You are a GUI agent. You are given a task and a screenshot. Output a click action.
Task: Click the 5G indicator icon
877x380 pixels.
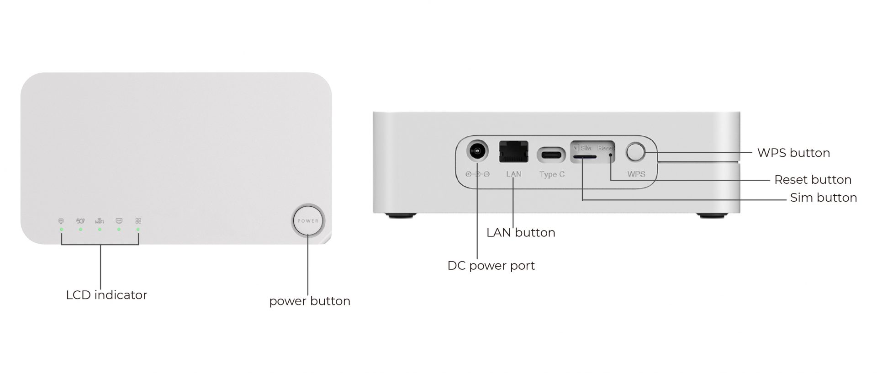pos(80,221)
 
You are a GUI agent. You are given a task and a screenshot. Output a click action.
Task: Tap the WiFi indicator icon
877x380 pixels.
pos(100,221)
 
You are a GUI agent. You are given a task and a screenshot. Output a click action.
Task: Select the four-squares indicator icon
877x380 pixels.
pos(138,221)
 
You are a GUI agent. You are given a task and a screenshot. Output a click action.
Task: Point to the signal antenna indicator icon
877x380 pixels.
pos(61,221)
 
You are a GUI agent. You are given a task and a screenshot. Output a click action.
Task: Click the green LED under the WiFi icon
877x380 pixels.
pos(100,229)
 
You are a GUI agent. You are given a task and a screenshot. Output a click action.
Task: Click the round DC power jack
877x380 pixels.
pos(477,151)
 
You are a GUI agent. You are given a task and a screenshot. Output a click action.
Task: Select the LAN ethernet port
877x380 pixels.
pos(513,152)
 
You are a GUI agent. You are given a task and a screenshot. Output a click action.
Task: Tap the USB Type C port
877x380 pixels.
pos(551,155)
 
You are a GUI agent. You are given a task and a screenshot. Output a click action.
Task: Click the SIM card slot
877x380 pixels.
pos(585,156)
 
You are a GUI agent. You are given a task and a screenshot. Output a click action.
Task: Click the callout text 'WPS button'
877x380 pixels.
pos(793,153)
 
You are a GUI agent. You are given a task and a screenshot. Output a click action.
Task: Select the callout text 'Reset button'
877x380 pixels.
pos(813,180)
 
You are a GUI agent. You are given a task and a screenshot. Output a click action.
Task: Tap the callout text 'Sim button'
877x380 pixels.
pos(823,198)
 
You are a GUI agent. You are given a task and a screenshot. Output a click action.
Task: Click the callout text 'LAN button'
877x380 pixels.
pos(521,232)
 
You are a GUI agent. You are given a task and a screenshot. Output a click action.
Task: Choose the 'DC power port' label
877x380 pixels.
pos(491,266)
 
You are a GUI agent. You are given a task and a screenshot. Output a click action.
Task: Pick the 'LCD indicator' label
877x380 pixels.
pos(106,295)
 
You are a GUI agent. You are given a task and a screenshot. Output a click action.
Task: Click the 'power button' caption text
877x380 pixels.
pos(310,301)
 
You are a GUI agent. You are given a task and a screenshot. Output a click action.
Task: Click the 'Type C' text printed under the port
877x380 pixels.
pos(552,174)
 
